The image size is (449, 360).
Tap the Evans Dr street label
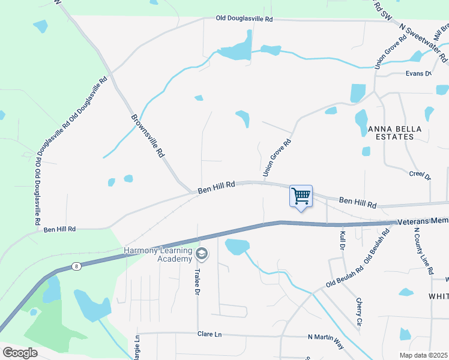point(418,74)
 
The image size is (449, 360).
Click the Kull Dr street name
point(343,240)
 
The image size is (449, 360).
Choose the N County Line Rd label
point(423,251)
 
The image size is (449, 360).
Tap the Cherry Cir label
point(360,312)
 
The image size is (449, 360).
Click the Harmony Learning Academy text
point(158,254)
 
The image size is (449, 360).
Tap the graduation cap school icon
point(202,254)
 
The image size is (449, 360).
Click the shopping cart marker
point(301,196)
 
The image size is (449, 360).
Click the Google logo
point(20,353)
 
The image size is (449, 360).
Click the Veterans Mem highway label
point(423,221)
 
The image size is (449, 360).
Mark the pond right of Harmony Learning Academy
point(237,246)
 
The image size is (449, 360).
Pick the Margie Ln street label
point(137,347)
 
